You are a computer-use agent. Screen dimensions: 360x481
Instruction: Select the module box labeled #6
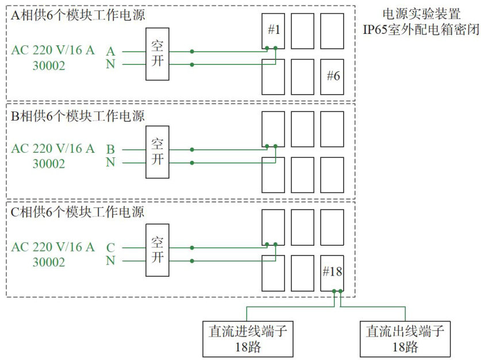(x=332, y=76)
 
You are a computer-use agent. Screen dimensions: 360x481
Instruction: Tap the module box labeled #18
(x=332, y=273)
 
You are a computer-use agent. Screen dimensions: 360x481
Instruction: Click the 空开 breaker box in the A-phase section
(x=157, y=53)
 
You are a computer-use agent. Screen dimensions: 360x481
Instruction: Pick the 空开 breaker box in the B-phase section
(x=157, y=152)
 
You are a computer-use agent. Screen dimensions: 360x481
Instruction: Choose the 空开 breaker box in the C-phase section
(x=157, y=250)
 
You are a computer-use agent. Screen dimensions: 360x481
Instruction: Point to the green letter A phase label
(x=111, y=51)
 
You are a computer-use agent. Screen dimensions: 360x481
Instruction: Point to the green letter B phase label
(x=111, y=149)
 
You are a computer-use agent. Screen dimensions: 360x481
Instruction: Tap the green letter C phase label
(x=111, y=248)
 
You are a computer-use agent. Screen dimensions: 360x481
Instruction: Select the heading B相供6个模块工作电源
(x=78, y=115)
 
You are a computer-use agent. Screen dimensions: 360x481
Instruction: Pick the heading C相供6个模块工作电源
(x=78, y=212)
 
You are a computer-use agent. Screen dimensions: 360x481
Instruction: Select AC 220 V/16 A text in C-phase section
(x=53, y=247)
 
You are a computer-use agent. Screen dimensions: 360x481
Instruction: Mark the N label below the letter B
(x=111, y=162)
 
